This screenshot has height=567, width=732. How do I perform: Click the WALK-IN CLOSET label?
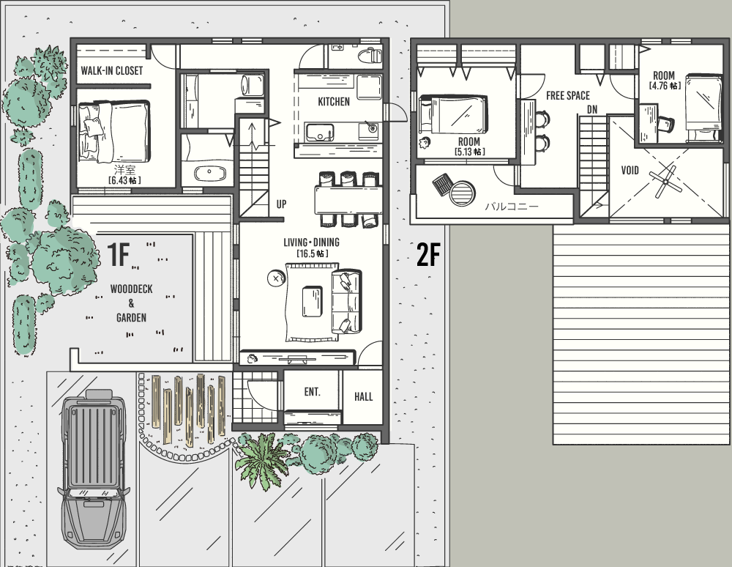point(111,70)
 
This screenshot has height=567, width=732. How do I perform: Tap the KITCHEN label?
point(333,101)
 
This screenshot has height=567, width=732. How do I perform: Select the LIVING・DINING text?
point(311,242)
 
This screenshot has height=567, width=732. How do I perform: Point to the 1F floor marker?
point(118,254)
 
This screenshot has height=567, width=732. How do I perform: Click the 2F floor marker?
point(428,254)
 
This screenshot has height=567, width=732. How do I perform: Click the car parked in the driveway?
point(94,468)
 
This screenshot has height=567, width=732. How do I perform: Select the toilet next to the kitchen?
point(370,56)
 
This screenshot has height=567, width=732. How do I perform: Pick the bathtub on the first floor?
point(209,174)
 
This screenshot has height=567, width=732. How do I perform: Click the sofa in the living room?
point(346,301)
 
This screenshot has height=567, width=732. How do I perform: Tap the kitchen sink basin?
point(319,132)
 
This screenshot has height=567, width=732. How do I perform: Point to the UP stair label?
point(281,204)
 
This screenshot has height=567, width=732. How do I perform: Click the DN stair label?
point(592,110)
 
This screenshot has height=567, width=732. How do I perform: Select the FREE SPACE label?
point(568,96)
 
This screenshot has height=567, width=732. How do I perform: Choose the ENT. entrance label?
point(313,391)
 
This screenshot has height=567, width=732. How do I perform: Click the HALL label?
point(363,397)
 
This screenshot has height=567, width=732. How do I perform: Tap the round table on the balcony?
point(462,193)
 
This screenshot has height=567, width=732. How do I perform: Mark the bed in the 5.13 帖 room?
point(453,114)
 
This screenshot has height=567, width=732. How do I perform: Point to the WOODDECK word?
point(131,289)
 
